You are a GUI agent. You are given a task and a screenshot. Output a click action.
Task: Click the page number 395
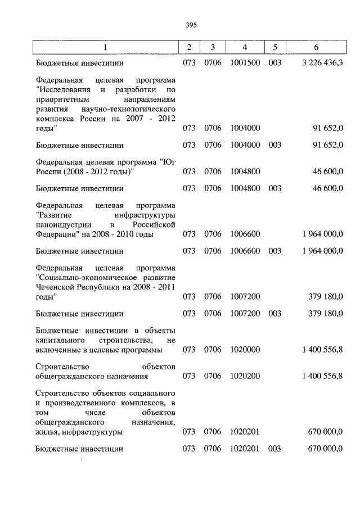190,24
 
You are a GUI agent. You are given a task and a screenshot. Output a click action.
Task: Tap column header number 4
245,47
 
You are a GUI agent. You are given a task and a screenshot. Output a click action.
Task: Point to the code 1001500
245,64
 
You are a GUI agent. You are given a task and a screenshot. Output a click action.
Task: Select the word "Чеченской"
59,288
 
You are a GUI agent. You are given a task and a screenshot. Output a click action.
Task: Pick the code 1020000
245,350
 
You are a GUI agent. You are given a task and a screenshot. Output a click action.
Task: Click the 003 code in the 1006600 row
275,251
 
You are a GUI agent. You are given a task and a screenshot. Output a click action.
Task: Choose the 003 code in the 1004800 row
275,188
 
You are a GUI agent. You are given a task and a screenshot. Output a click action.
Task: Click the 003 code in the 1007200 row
275,314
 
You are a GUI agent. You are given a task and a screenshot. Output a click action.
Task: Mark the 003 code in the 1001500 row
275,64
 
